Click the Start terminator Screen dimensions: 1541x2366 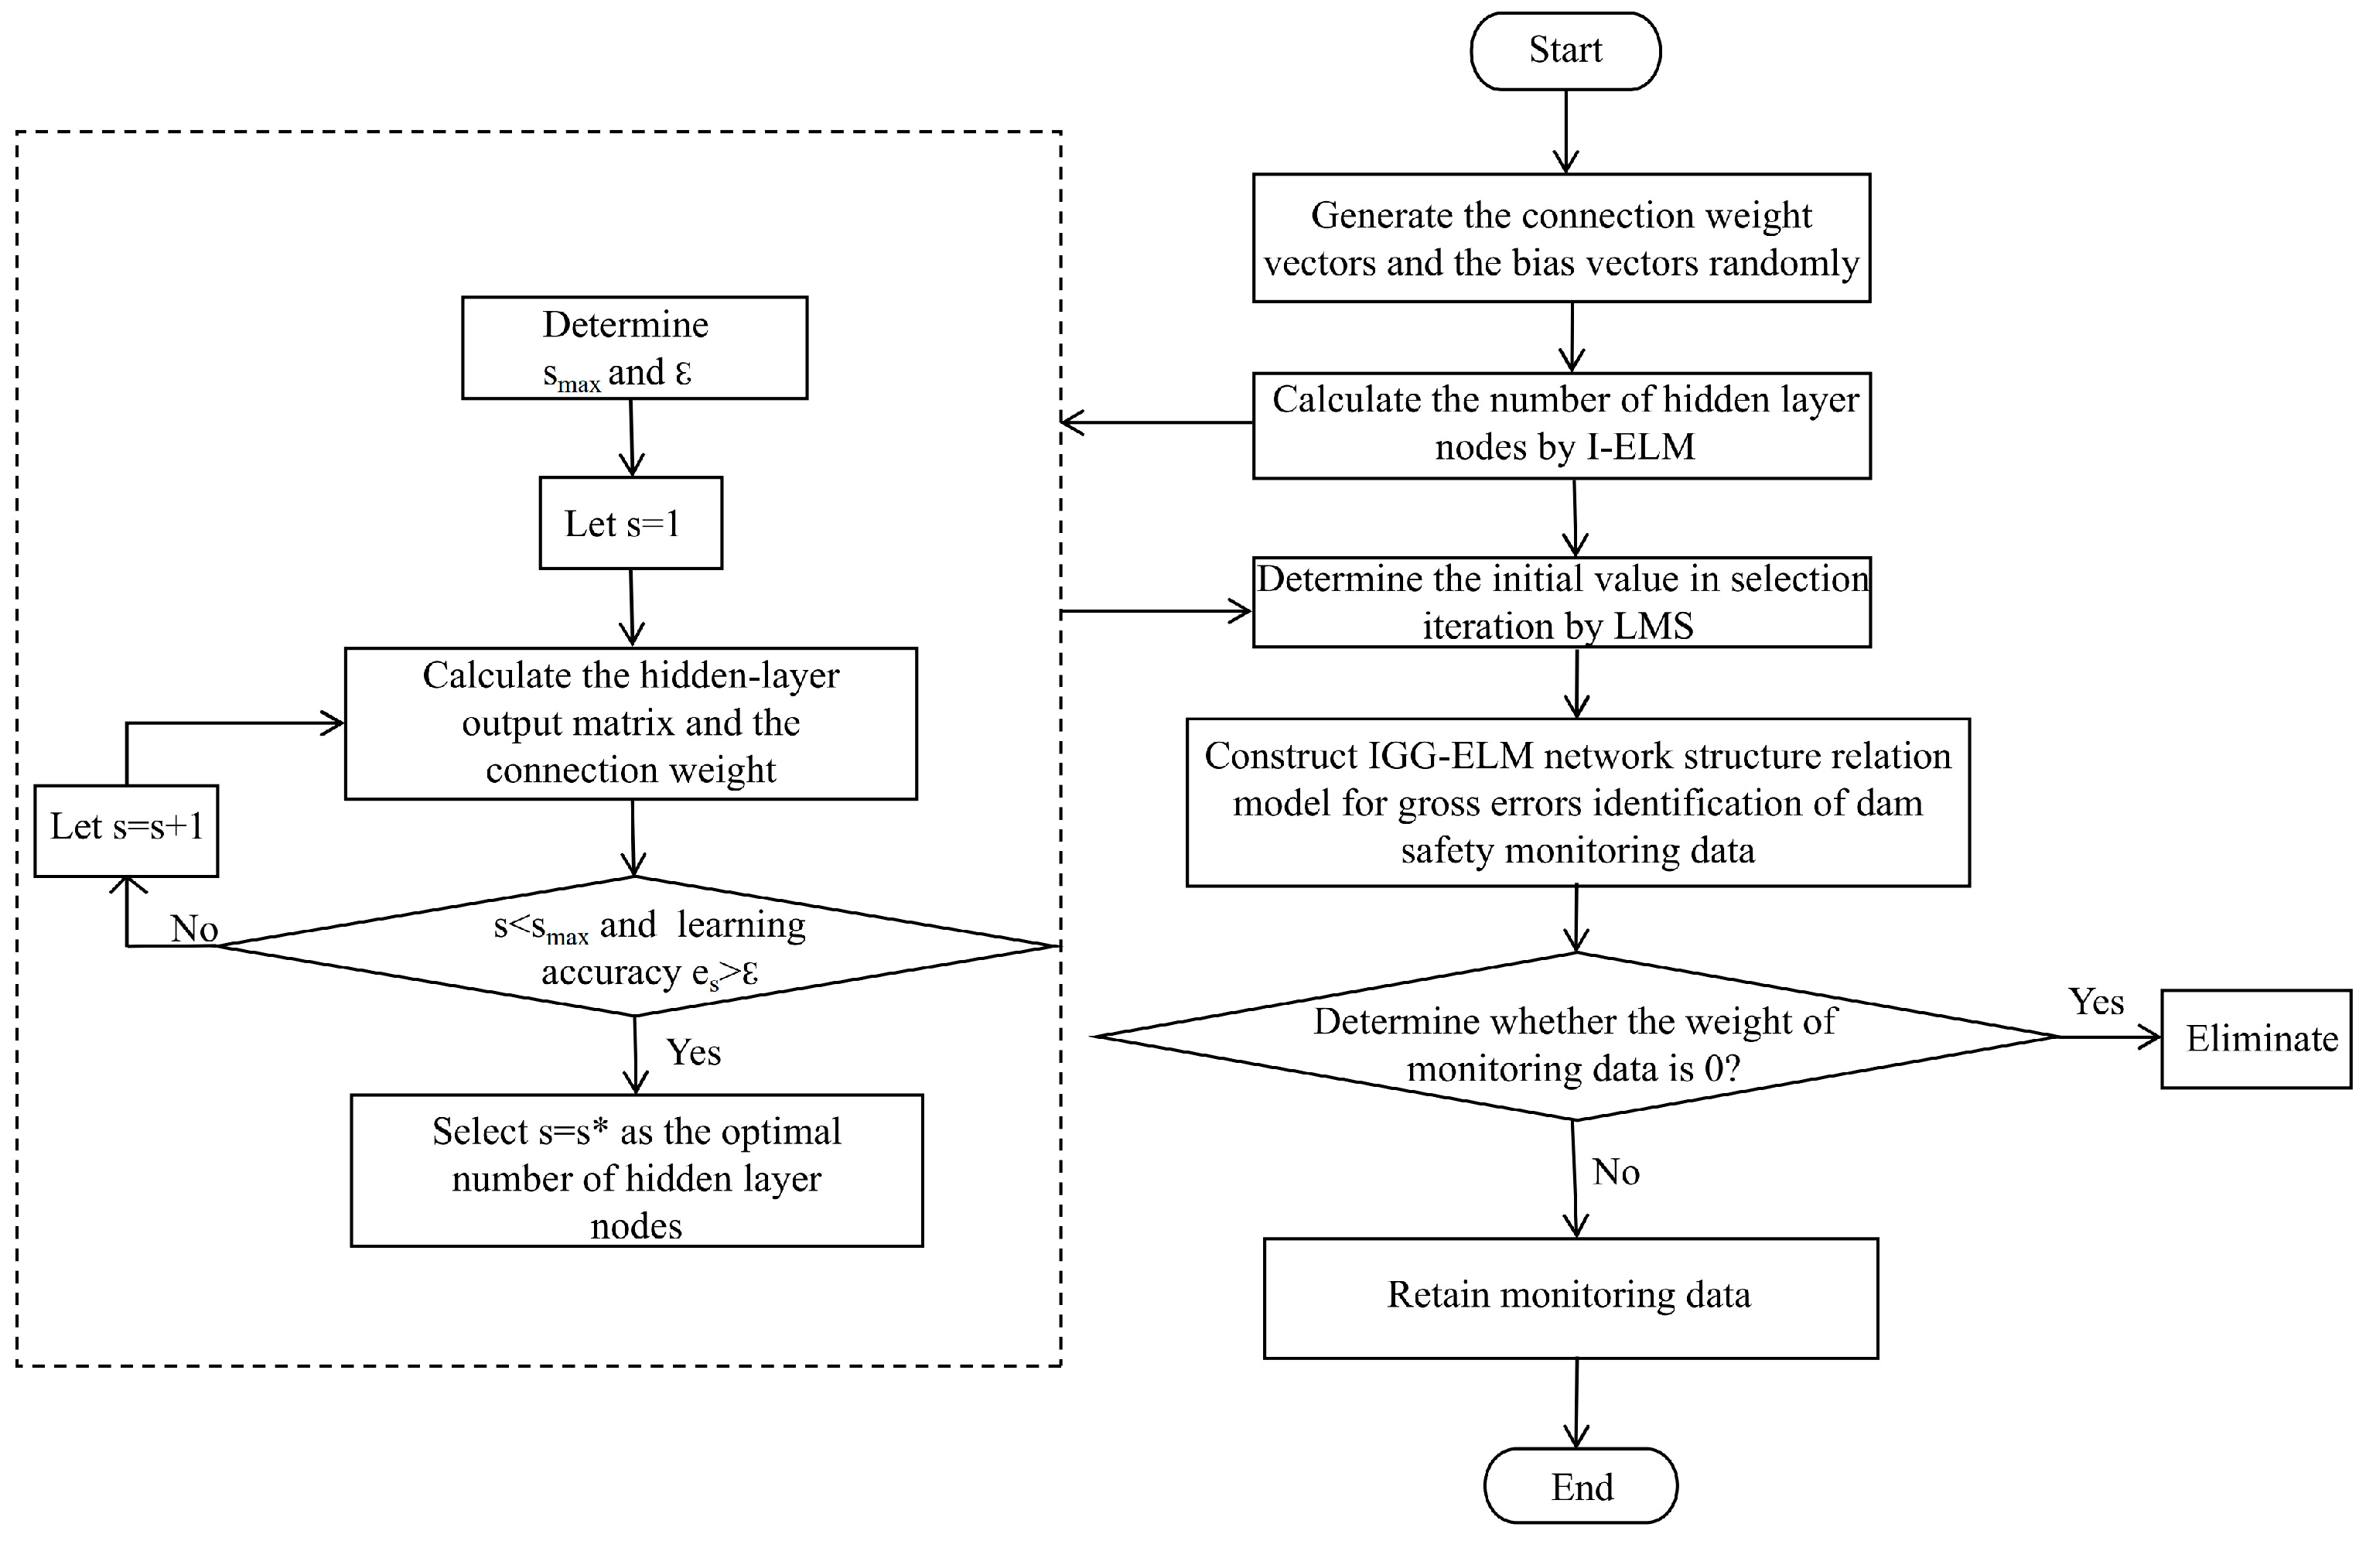[1565, 51]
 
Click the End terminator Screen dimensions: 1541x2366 [1581, 1486]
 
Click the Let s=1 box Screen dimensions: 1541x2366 [630, 523]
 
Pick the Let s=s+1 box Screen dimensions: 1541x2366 [126, 830]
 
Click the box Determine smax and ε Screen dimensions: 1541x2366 [634, 348]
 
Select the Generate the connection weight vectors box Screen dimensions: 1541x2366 [1561, 238]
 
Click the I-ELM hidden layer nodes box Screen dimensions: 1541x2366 [1561, 425]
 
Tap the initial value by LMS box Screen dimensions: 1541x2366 [1561, 603]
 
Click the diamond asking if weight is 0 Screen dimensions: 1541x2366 [1575, 1037]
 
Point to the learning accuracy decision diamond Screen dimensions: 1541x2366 [637, 946]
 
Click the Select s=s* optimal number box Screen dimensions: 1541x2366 [637, 1170]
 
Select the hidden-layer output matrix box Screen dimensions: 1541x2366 [630, 723]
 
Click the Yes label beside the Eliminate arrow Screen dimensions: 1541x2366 [2095, 1002]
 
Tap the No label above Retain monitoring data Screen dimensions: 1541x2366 [1616, 1172]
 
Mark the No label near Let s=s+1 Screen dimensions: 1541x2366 [194, 928]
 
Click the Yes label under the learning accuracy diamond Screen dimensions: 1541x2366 [693, 1053]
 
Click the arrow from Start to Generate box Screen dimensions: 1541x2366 [1565, 132]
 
